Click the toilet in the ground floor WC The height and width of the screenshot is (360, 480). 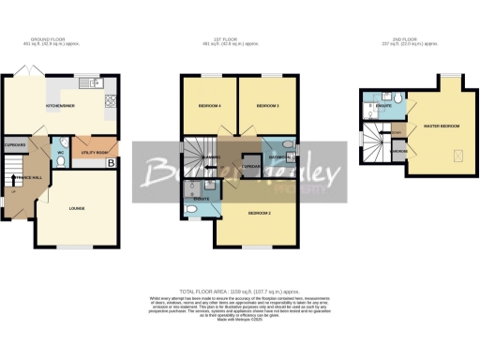(x=61, y=160)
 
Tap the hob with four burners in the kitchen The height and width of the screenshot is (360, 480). (x=111, y=99)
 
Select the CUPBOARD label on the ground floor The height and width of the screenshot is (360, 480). (x=15, y=145)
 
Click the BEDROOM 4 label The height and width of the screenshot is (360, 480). (x=208, y=107)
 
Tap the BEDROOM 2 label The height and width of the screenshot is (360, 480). (x=260, y=214)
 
